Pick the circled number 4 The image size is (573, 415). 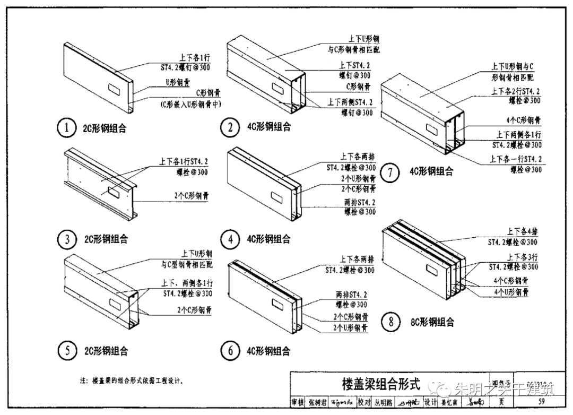coord(230,239)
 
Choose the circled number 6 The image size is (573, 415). coord(230,350)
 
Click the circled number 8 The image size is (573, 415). coord(391,321)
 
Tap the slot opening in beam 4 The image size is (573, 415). coord(276,197)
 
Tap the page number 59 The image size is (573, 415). coord(541,401)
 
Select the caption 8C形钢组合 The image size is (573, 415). coord(432,322)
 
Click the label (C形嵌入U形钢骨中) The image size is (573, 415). coord(190,105)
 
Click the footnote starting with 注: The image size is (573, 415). coord(131,381)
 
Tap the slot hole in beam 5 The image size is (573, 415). coord(115,303)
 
